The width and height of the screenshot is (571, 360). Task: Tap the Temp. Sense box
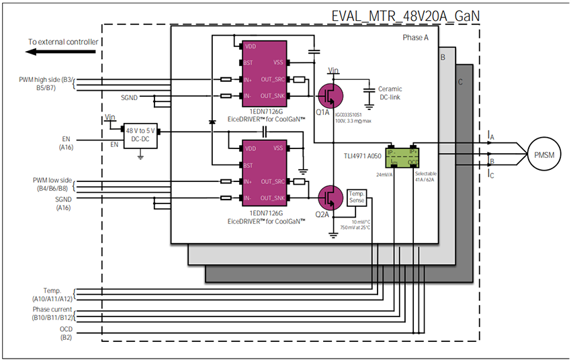(356, 198)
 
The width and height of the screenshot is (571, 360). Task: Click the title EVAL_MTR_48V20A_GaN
(406, 15)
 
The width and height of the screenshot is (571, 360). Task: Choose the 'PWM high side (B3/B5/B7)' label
(48, 83)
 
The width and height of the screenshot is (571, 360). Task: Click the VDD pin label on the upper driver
(251, 46)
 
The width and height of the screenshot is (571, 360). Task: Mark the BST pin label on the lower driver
(249, 165)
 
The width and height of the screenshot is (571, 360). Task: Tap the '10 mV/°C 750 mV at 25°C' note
(356, 223)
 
